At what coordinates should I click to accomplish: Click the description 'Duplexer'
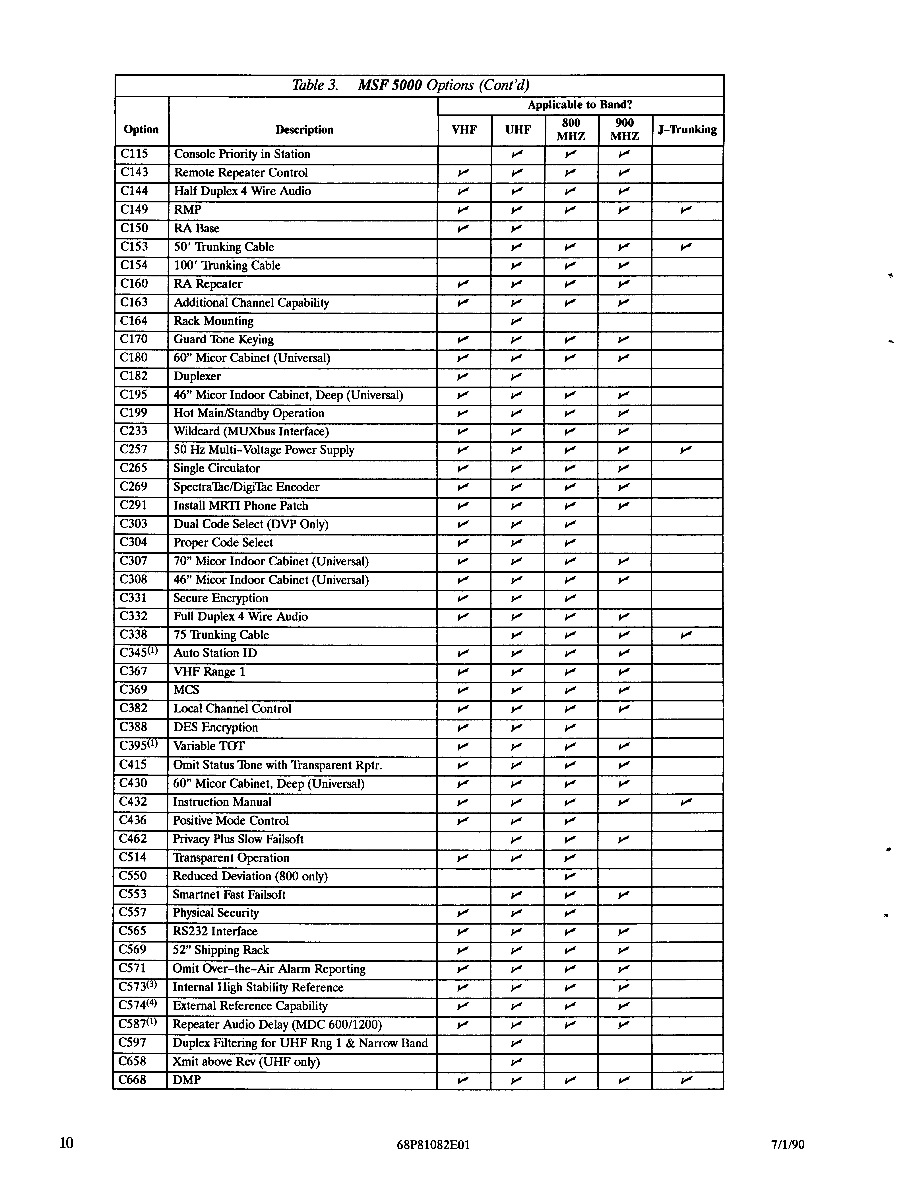click(197, 376)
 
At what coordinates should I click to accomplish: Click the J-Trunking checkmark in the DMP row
click(686, 1080)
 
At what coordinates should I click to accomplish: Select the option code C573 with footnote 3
click(138, 987)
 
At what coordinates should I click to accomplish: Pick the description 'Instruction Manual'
click(222, 802)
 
